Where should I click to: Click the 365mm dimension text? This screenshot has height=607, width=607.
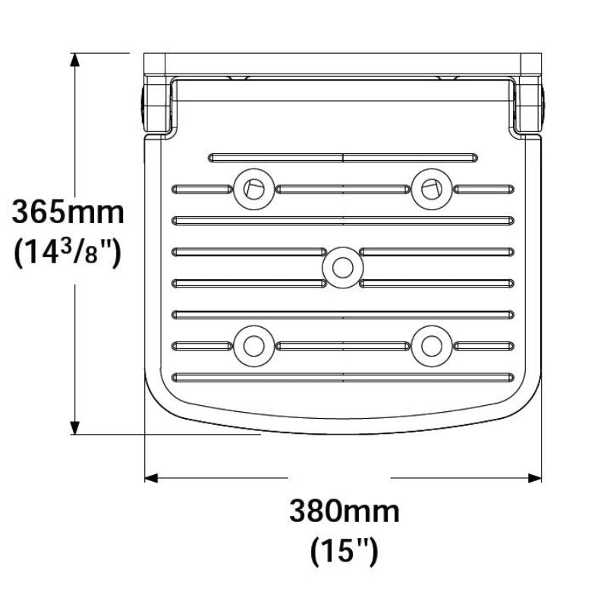pos(68,212)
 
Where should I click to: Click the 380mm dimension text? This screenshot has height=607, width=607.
pos(344,511)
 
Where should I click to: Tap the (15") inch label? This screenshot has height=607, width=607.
pos(344,550)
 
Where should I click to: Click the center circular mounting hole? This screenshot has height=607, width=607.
pos(343,267)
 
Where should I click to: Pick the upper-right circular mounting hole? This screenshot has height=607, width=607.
pos(432,187)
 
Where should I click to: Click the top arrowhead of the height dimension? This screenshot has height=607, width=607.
pos(75,61)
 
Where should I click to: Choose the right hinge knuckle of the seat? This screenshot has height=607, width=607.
pos(530,105)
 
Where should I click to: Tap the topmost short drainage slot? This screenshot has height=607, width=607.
pos(343,158)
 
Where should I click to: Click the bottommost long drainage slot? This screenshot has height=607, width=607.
pos(343,377)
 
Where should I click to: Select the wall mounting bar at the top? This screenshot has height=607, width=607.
pos(343,64)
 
